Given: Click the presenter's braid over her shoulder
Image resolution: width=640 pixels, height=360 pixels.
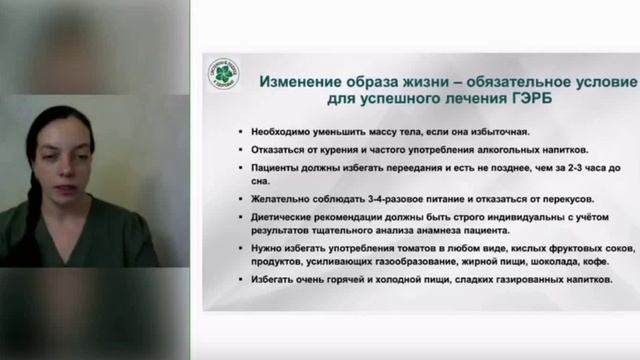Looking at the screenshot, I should coord(34,200).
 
